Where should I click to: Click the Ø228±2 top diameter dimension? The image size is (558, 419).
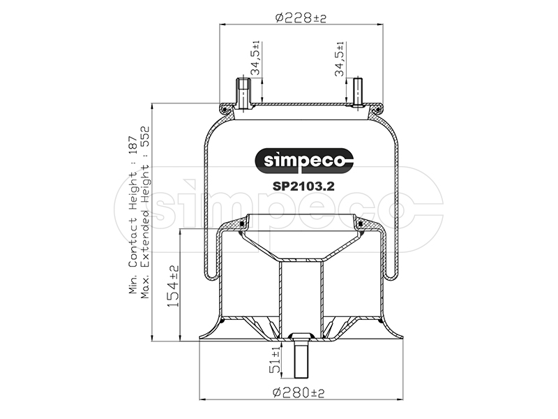301,17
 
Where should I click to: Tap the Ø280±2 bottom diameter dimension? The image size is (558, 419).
299,392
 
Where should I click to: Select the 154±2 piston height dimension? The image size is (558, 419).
173,286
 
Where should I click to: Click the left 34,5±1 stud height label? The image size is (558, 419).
255,58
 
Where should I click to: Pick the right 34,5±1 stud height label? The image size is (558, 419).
340,59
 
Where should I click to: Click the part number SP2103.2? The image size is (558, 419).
303,186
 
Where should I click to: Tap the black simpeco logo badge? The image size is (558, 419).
305,161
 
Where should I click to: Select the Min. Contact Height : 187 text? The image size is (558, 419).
133,214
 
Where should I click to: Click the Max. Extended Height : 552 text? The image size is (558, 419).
145,212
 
